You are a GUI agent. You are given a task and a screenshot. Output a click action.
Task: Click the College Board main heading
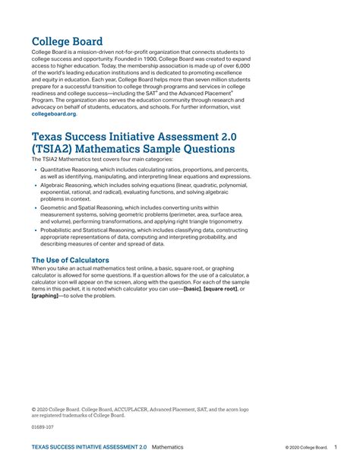(67, 41)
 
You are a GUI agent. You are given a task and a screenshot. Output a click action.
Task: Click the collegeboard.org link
(53, 114)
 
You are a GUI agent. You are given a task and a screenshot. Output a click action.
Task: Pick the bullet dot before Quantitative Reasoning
(35, 170)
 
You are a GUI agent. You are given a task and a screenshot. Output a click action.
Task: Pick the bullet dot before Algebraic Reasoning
(35, 185)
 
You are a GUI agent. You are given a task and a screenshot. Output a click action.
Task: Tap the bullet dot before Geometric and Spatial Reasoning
(35, 208)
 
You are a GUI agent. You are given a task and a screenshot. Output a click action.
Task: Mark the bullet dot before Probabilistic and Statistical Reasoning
(35, 230)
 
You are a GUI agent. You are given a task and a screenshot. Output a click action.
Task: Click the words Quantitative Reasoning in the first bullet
(73, 170)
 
